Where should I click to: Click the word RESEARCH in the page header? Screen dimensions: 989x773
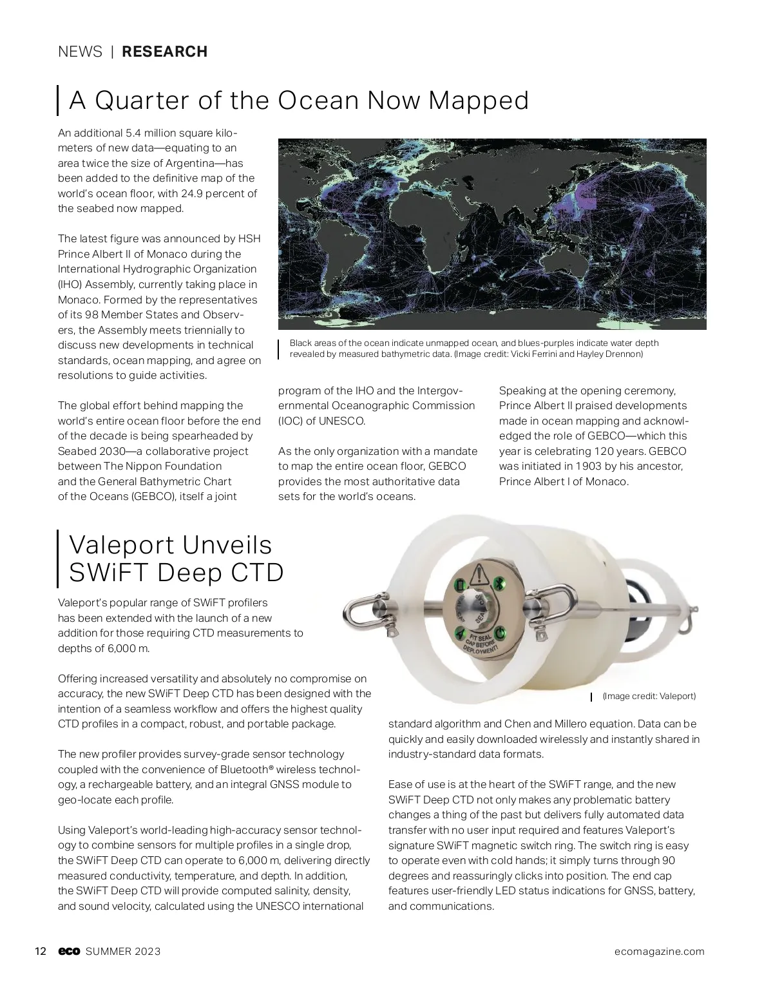coord(164,52)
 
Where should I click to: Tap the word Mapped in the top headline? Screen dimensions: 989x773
coord(479,101)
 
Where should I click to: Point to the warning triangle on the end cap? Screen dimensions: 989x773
coord(479,573)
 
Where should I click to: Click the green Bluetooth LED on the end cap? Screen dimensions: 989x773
coord(497,584)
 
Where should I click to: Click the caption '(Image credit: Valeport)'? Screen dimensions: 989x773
coord(649,696)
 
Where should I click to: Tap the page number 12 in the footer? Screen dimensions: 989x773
coord(40,952)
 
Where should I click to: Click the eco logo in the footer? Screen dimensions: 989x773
coord(68,952)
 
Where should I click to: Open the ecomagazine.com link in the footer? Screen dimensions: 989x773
coord(658,952)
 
